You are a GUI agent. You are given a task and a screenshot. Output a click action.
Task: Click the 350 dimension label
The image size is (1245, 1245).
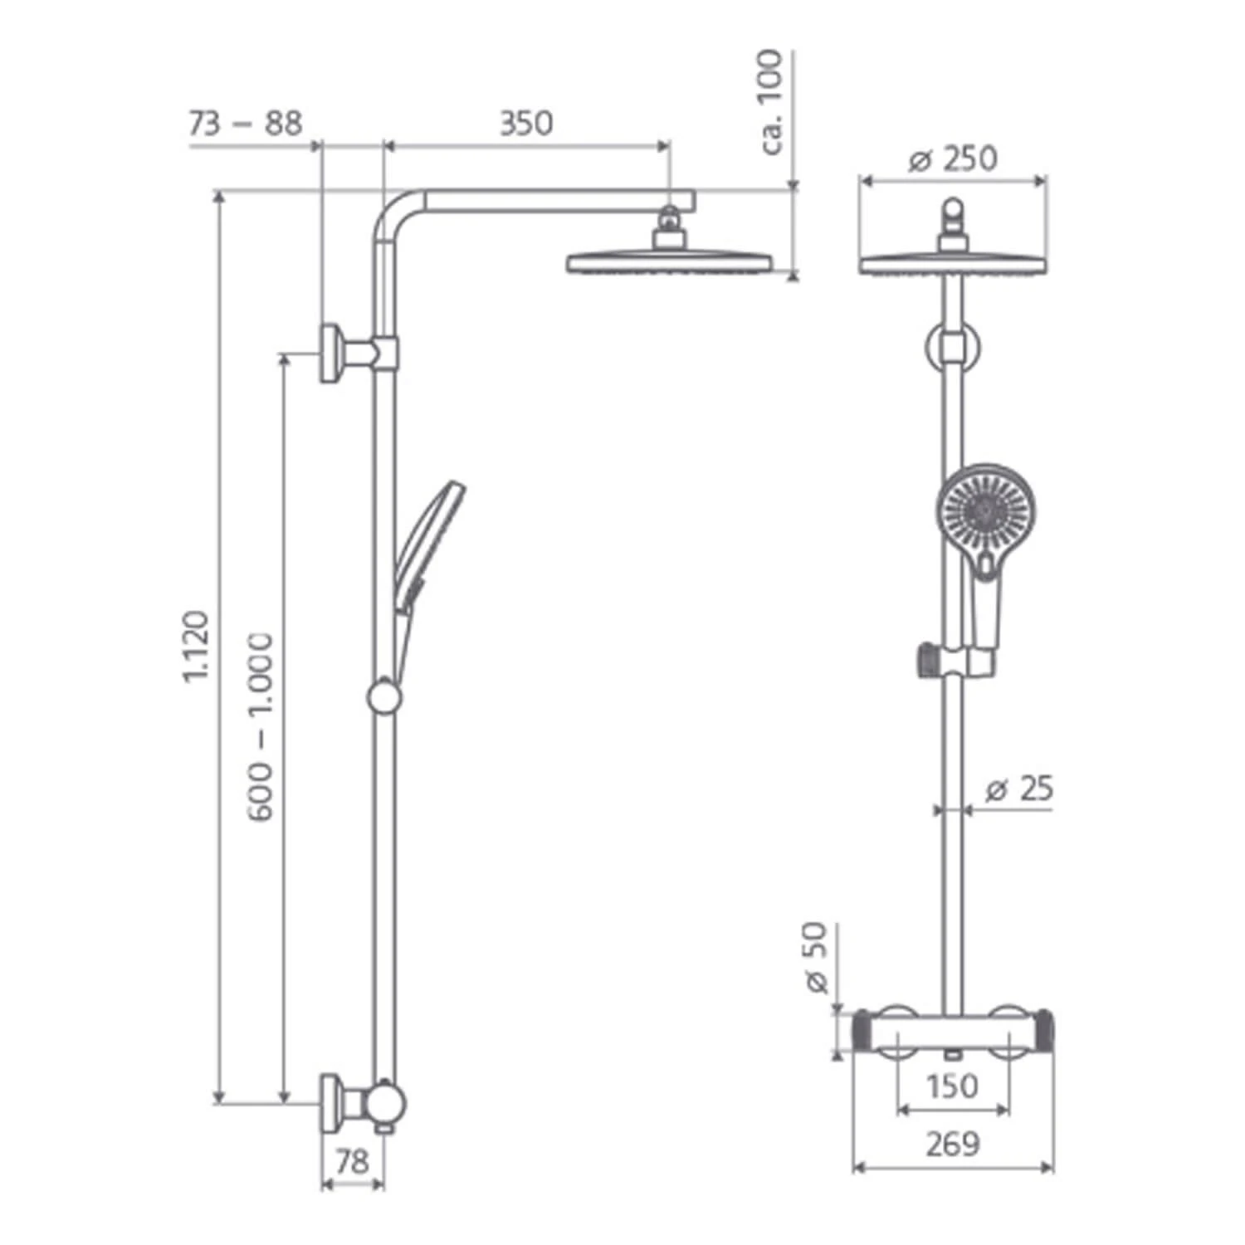click(525, 124)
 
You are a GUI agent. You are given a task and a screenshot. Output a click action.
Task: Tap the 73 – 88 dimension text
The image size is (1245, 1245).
click(245, 124)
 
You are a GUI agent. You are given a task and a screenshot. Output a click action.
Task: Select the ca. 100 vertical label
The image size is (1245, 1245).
click(771, 102)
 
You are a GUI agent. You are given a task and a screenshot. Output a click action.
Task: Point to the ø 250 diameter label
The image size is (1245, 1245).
click(952, 159)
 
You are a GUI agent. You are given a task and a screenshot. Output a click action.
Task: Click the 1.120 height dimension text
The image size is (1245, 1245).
click(196, 647)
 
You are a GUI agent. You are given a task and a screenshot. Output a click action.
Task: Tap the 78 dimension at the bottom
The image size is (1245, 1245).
click(352, 1161)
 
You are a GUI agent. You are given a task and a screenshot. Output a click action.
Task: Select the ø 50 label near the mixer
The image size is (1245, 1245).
click(817, 957)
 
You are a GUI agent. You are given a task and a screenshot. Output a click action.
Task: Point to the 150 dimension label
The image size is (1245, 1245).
click(953, 1085)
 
